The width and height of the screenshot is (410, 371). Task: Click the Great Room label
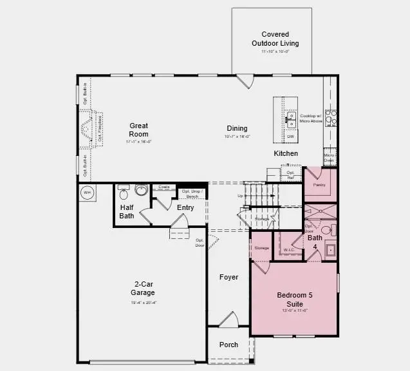[x=138, y=130]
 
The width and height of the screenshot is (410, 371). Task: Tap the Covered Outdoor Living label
[x=275, y=39]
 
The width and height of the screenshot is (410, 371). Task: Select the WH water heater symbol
[x=88, y=193]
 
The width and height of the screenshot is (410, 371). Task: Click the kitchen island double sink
[x=291, y=119]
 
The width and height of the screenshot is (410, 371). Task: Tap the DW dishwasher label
[x=290, y=137]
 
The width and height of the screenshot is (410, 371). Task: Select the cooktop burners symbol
[x=331, y=117]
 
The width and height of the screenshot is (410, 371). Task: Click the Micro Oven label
[x=329, y=158]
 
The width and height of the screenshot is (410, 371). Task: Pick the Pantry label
[x=319, y=185]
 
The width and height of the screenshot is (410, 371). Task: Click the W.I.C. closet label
[x=289, y=250]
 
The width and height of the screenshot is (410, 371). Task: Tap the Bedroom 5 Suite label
[x=295, y=299]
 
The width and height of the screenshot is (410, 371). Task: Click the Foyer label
[x=228, y=277]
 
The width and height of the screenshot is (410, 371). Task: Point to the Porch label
[x=228, y=345]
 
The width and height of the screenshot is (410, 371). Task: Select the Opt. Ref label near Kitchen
[x=290, y=174]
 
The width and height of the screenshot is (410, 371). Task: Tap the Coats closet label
[x=164, y=187]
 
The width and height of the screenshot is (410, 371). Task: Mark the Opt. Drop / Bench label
[x=192, y=193]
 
